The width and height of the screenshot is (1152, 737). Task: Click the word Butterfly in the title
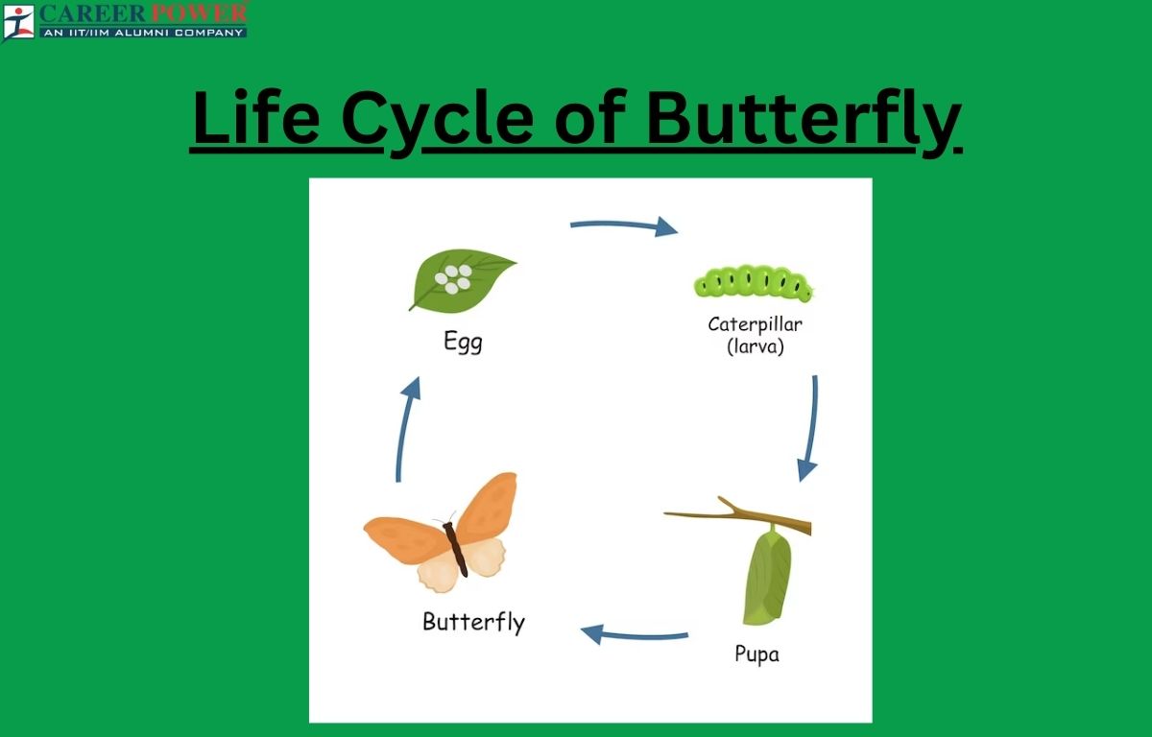click(804, 121)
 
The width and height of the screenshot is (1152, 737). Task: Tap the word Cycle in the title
click(437, 121)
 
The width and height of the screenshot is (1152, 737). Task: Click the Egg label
click(463, 342)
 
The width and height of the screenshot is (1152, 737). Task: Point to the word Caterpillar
click(755, 324)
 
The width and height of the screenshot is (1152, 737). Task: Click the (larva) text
click(756, 345)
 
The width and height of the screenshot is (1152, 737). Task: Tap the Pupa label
click(757, 654)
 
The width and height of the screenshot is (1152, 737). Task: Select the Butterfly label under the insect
click(473, 623)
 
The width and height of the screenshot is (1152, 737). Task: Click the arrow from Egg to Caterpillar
click(624, 225)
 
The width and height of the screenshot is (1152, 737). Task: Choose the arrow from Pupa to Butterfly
click(635, 636)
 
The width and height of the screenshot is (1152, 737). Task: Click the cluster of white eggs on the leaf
click(453, 278)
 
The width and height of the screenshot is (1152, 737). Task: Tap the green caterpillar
click(753, 282)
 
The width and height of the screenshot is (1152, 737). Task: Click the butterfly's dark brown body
click(456, 549)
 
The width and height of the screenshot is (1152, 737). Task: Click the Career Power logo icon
click(17, 21)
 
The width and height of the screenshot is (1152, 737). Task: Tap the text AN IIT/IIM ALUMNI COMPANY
click(143, 33)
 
